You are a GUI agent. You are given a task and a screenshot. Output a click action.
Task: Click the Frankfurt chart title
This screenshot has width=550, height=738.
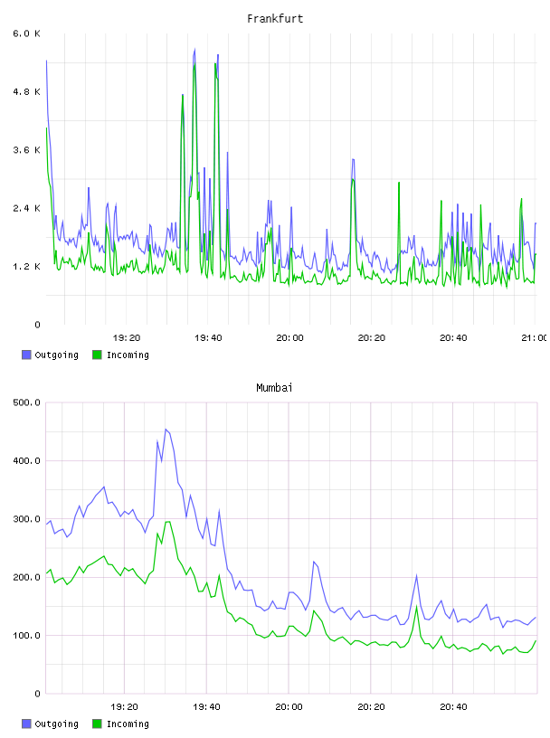click(275, 19)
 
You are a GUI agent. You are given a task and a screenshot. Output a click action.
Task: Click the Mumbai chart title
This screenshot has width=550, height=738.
click(274, 388)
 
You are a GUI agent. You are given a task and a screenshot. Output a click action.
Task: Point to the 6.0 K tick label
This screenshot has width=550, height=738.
click(26, 33)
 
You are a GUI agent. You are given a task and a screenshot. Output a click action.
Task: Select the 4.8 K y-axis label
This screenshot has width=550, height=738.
click(26, 91)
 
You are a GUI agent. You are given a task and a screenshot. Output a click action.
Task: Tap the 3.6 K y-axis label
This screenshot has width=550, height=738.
click(26, 150)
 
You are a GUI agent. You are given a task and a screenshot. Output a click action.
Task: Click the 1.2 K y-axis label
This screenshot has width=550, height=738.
click(26, 267)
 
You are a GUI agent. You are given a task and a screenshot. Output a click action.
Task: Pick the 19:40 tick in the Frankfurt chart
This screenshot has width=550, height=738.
click(208, 337)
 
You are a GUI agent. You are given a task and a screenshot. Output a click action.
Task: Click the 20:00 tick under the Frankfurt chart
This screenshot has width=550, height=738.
click(289, 337)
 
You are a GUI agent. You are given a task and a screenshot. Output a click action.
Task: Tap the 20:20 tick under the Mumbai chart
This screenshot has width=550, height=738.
click(371, 706)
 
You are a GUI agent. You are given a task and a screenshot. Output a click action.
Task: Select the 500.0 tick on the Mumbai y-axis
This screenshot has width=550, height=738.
click(26, 402)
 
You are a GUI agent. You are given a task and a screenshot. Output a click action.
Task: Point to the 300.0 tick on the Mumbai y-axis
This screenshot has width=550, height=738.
click(26, 519)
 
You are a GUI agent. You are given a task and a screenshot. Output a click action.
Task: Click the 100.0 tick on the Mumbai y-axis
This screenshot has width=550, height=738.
click(26, 636)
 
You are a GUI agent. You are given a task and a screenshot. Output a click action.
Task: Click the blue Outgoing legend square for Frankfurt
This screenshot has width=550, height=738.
click(26, 355)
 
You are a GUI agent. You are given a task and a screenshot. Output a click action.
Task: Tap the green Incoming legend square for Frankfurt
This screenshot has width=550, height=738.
click(97, 355)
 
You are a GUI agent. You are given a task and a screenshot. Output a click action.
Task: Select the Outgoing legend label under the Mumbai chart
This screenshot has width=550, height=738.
click(56, 724)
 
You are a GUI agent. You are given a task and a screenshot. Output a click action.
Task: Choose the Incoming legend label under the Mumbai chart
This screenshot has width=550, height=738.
click(128, 724)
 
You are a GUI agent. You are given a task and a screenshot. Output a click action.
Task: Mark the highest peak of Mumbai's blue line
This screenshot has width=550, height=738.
click(166, 430)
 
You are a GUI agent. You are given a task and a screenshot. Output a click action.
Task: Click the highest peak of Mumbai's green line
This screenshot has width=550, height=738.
click(167, 522)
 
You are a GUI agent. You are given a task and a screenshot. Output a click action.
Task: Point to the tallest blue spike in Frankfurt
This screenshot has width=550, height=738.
click(194, 49)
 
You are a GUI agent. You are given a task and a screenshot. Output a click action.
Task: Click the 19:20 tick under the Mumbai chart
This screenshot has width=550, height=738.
click(124, 706)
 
